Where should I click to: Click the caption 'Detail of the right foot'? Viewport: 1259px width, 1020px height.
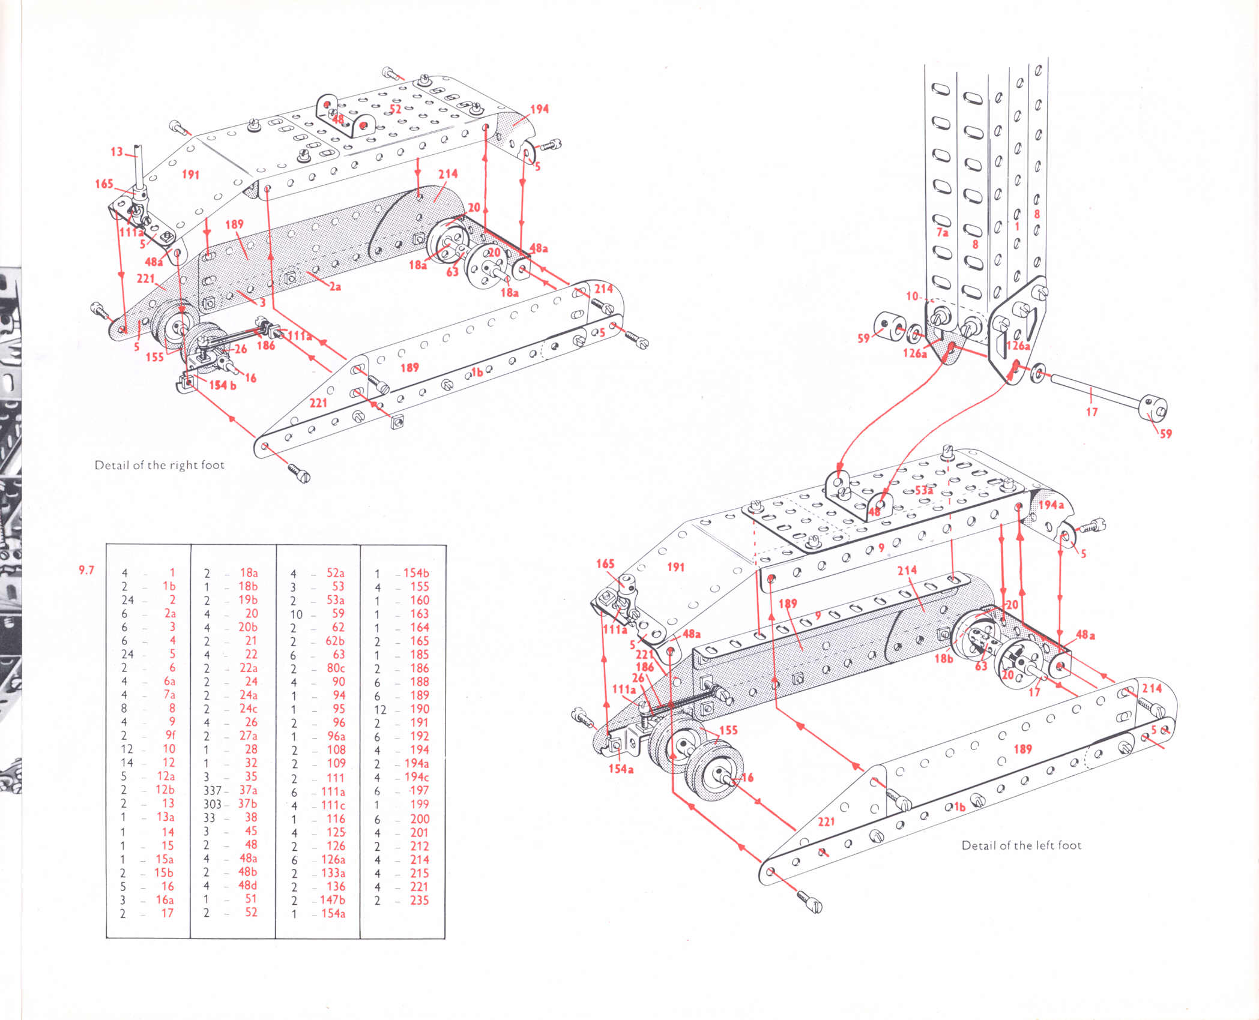click(159, 465)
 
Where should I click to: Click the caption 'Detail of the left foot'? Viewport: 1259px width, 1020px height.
click(1021, 845)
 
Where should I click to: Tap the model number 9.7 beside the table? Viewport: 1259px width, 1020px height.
click(86, 570)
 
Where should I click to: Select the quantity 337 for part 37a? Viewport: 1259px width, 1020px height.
click(212, 791)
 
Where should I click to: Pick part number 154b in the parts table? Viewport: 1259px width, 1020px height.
click(416, 573)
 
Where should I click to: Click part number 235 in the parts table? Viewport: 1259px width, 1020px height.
click(419, 900)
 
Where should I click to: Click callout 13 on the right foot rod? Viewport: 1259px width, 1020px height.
click(116, 152)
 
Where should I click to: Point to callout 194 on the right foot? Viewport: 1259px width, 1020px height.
click(539, 109)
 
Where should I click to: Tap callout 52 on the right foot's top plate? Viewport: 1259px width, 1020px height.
click(395, 109)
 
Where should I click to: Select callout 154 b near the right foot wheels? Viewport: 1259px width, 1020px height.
click(223, 385)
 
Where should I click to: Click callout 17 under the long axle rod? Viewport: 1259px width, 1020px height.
click(1091, 412)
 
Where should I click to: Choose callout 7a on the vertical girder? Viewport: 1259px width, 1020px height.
click(942, 232)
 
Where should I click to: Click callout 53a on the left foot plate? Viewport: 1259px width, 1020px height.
click(924, 490)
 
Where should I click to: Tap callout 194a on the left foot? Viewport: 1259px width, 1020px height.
click(1051, 505)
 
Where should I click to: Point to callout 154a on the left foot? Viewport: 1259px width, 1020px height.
click(621, 769)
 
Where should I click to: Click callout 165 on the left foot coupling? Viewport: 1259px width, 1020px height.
click(605, 563)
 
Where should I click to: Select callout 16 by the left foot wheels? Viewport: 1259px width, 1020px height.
click(747, 778)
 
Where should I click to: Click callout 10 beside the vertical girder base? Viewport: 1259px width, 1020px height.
click(912, 296)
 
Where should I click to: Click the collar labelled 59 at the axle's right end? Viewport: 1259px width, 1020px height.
click(1152, 410)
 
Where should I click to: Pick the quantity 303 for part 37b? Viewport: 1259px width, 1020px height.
click(212, 804)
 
